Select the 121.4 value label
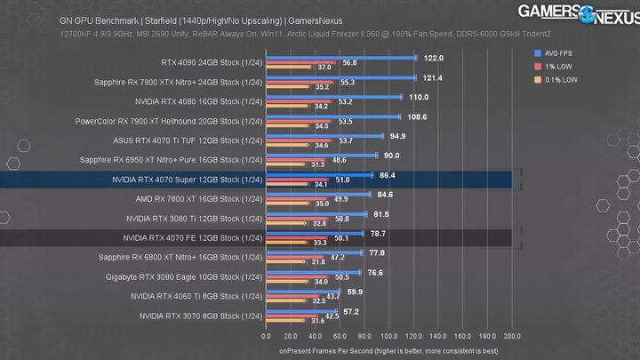point(433,77)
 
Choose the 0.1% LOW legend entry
point(563,79)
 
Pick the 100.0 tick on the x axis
point(389,337)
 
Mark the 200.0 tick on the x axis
point(512,337)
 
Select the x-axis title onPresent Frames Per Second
point(388,350)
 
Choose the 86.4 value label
point(387,175)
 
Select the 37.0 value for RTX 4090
point(324,67)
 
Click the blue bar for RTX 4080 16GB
point(334,97)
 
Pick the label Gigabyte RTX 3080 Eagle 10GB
point(183,276)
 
